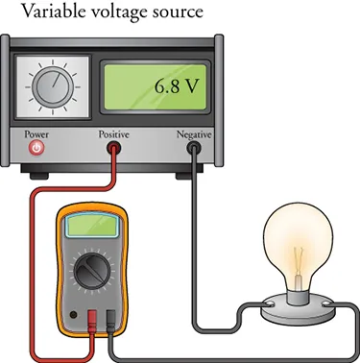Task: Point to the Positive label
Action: (x=115, y=133)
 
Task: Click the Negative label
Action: (x=194, y=133)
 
